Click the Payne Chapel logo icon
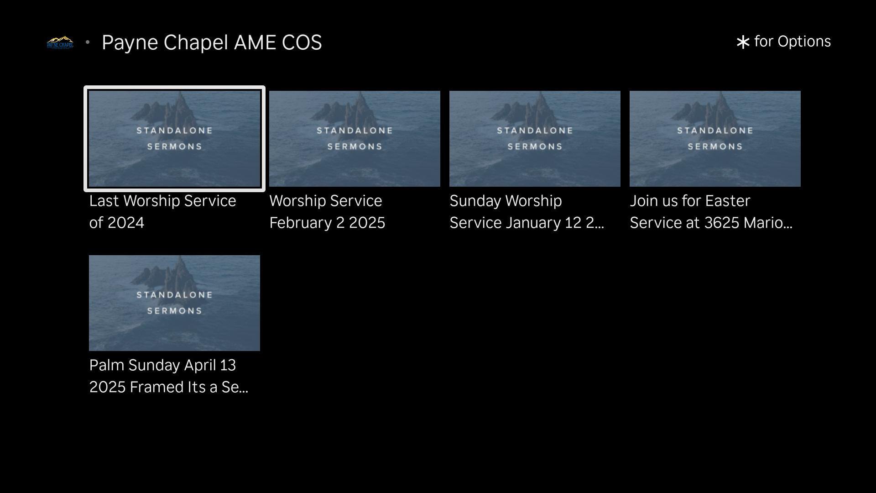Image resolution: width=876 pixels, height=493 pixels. click(60, 42)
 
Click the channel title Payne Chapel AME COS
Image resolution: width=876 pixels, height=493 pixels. click(212, 42)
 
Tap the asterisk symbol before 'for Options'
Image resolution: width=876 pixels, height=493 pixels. click(743, 42)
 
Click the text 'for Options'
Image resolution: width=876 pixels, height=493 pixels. click(793, 42)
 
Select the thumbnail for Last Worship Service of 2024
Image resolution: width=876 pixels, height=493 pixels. click(174, 139)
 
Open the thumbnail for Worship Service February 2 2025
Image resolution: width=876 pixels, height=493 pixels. click(355, 139)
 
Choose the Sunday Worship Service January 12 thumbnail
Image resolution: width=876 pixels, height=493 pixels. click(535, 139)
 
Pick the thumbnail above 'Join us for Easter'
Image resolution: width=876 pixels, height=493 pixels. click(715, 139)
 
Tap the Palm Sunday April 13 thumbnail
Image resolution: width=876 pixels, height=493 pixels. click(174, 303)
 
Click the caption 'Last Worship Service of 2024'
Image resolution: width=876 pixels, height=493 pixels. click(162, 212)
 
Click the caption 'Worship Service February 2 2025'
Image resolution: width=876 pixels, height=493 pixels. click(327, 212)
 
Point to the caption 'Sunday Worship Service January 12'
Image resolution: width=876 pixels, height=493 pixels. click(527, 212)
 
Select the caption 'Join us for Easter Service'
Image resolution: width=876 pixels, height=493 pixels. click(711, 212)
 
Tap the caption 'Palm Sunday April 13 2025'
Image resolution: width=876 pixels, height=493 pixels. click(168, 376)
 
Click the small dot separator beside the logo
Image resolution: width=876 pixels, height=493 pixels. click(88, 42)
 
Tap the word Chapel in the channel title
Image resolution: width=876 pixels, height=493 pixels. click(196, 43)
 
